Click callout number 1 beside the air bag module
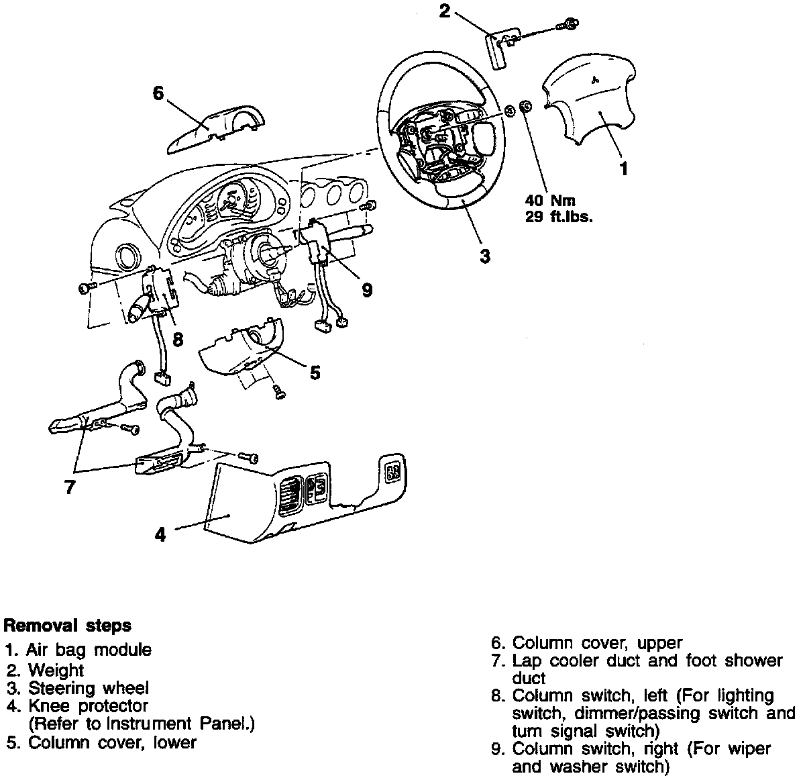623,168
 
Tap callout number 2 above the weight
444,11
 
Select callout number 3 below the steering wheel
484,256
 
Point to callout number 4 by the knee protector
160,534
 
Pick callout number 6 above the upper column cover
158,93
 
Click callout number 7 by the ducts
70,487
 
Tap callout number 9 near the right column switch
366,290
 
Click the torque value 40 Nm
550,200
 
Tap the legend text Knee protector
87,705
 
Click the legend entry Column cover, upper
597,642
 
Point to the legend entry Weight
56,669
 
